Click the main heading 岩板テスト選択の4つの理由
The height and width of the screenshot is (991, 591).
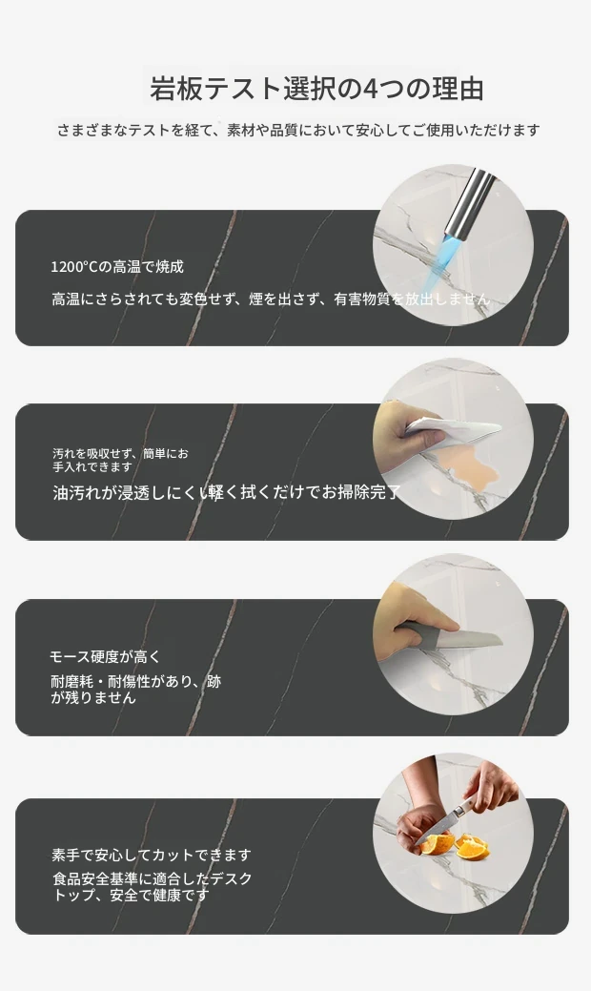point(316,89)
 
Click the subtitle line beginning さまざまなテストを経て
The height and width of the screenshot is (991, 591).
point(298,131)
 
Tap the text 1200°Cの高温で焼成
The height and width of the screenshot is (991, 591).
point(117,267)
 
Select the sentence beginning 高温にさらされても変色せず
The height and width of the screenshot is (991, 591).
point(271,299)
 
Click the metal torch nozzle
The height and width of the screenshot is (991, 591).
point(469,201)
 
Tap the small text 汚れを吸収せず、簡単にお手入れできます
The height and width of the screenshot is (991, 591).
point(120,460)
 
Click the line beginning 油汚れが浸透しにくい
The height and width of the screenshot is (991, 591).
point(227,492)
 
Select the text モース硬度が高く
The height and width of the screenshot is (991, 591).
point(105,657)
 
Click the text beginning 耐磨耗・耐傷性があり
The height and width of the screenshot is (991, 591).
point(135,690)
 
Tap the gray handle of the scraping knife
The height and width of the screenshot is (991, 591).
point(418,633)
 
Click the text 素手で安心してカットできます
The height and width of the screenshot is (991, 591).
point(152,856)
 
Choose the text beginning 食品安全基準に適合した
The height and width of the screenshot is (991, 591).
point(153,887)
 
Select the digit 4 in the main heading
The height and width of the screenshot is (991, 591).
point(371,89)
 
